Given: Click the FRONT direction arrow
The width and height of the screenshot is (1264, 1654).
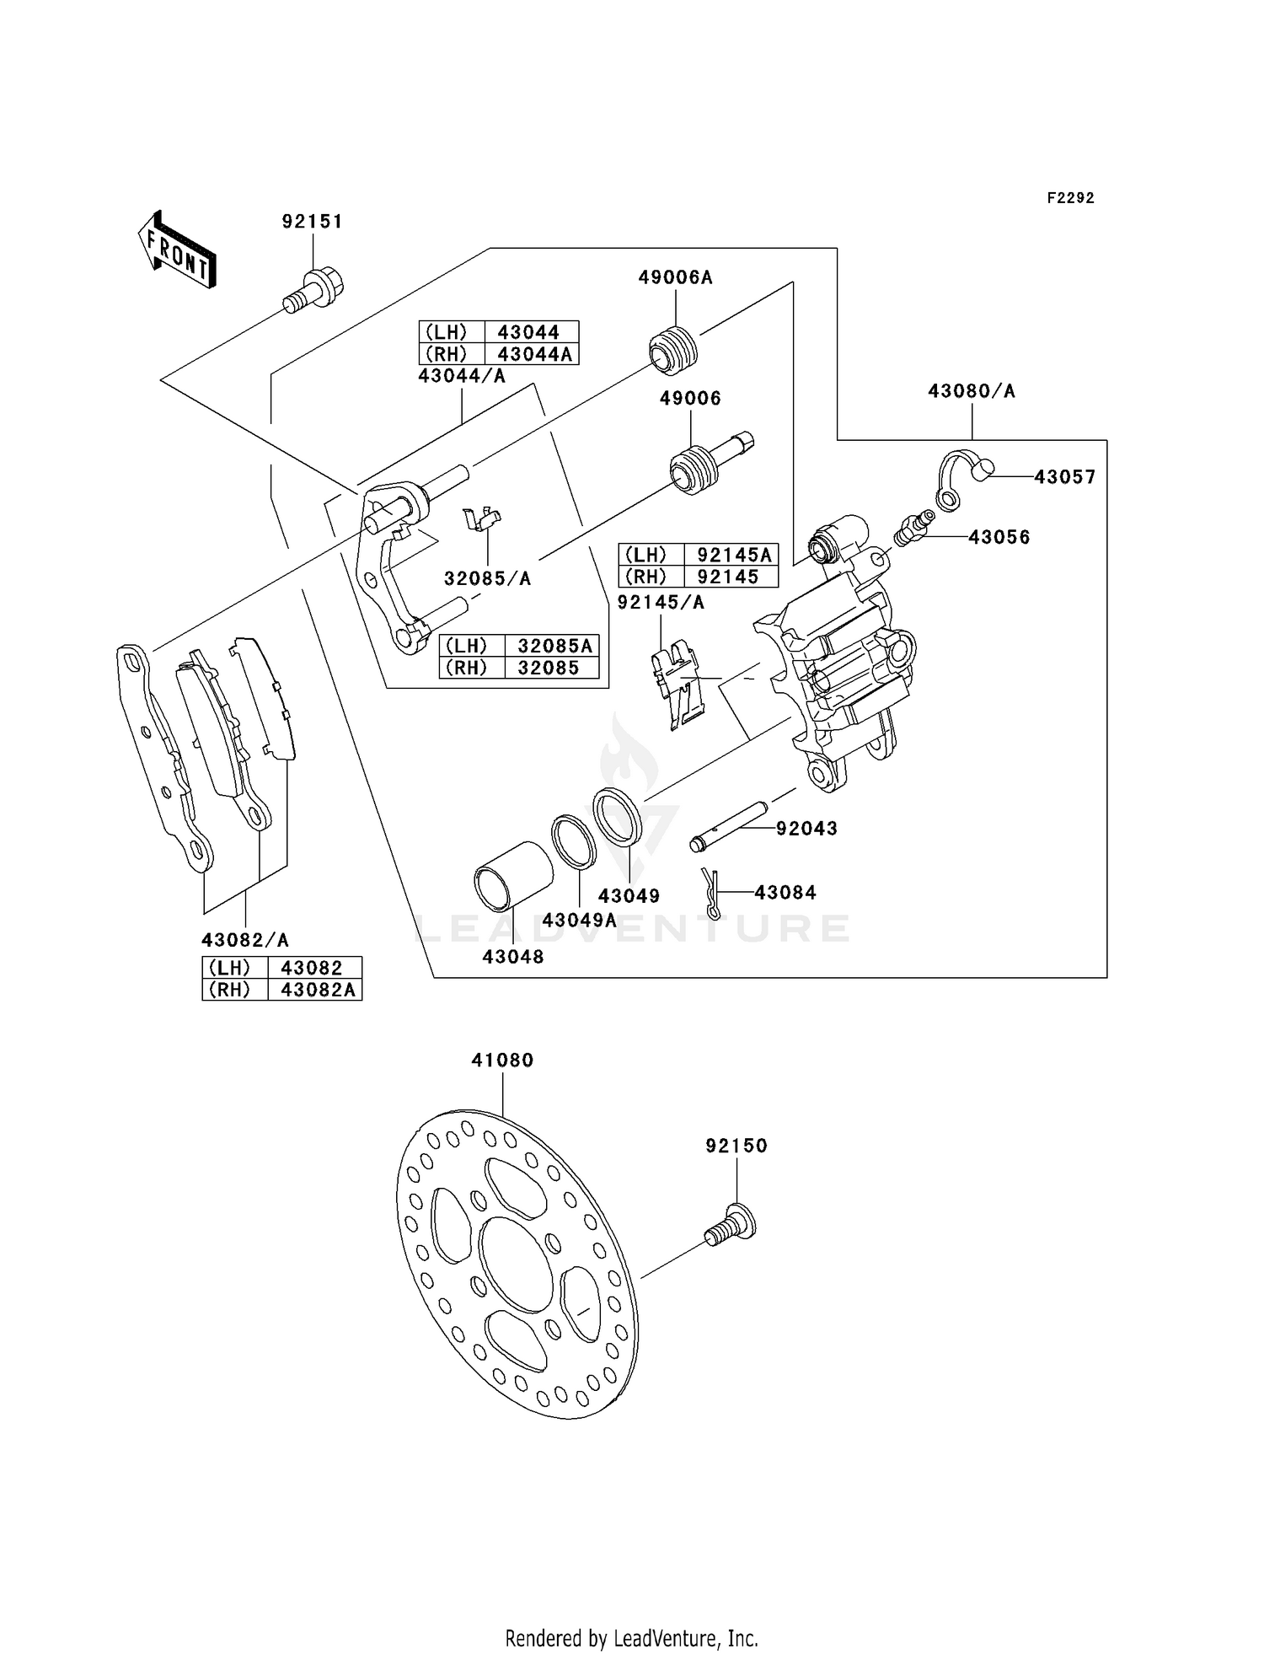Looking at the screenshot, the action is coord(177,250).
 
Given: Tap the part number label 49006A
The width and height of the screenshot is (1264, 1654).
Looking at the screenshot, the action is coord(675,277).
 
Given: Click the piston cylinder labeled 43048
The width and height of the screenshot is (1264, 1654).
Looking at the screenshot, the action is coord(513,876).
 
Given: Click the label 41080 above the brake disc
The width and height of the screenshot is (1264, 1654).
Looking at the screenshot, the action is coord(503,1060).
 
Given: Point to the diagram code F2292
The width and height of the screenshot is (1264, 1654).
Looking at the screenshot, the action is coord(1071,198).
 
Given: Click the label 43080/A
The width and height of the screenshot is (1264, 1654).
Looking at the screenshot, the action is coord(972,391).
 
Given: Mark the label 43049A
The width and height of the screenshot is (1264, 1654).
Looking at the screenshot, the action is coord(580,920).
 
